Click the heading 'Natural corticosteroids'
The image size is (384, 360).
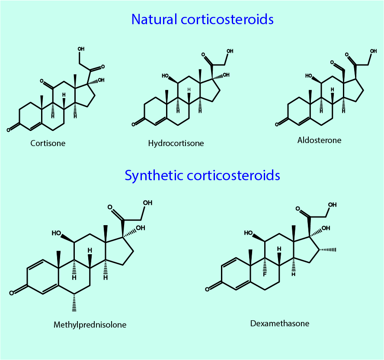202,19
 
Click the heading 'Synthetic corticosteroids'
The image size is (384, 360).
202,175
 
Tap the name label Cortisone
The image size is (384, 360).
48,143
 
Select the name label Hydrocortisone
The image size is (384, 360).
176,143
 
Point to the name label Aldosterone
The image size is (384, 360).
319,140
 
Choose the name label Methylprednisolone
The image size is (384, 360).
90,325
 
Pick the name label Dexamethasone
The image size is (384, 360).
280,323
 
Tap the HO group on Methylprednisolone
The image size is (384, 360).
57,233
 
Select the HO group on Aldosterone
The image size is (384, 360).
309,76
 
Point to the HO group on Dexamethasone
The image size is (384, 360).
249,233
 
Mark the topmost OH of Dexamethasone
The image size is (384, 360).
333,205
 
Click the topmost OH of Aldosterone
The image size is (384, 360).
373,51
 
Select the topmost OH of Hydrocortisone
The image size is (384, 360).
230,51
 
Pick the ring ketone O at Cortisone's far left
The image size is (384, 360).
8,129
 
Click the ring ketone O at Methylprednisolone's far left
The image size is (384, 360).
12,293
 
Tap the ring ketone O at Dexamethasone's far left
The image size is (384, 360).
208,289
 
